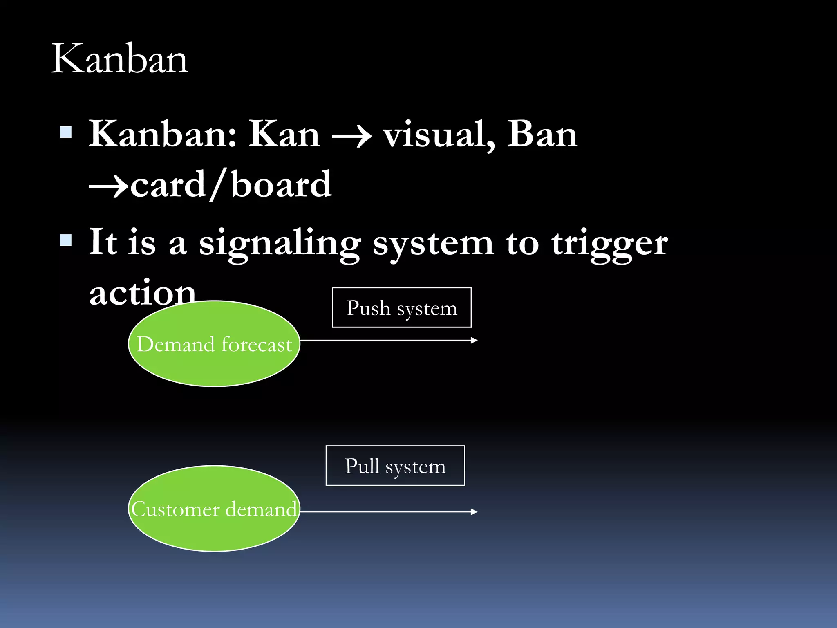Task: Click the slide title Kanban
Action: point(119,59)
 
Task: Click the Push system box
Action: point(402,307)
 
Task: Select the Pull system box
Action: point(395,466)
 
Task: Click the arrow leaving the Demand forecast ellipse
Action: point(388,340)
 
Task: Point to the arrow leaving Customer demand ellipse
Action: point(388,511)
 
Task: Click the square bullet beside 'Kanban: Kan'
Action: point(66,132)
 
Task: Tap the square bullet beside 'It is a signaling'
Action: point(66,240)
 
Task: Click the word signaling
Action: point(280,244)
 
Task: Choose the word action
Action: point(142,293)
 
